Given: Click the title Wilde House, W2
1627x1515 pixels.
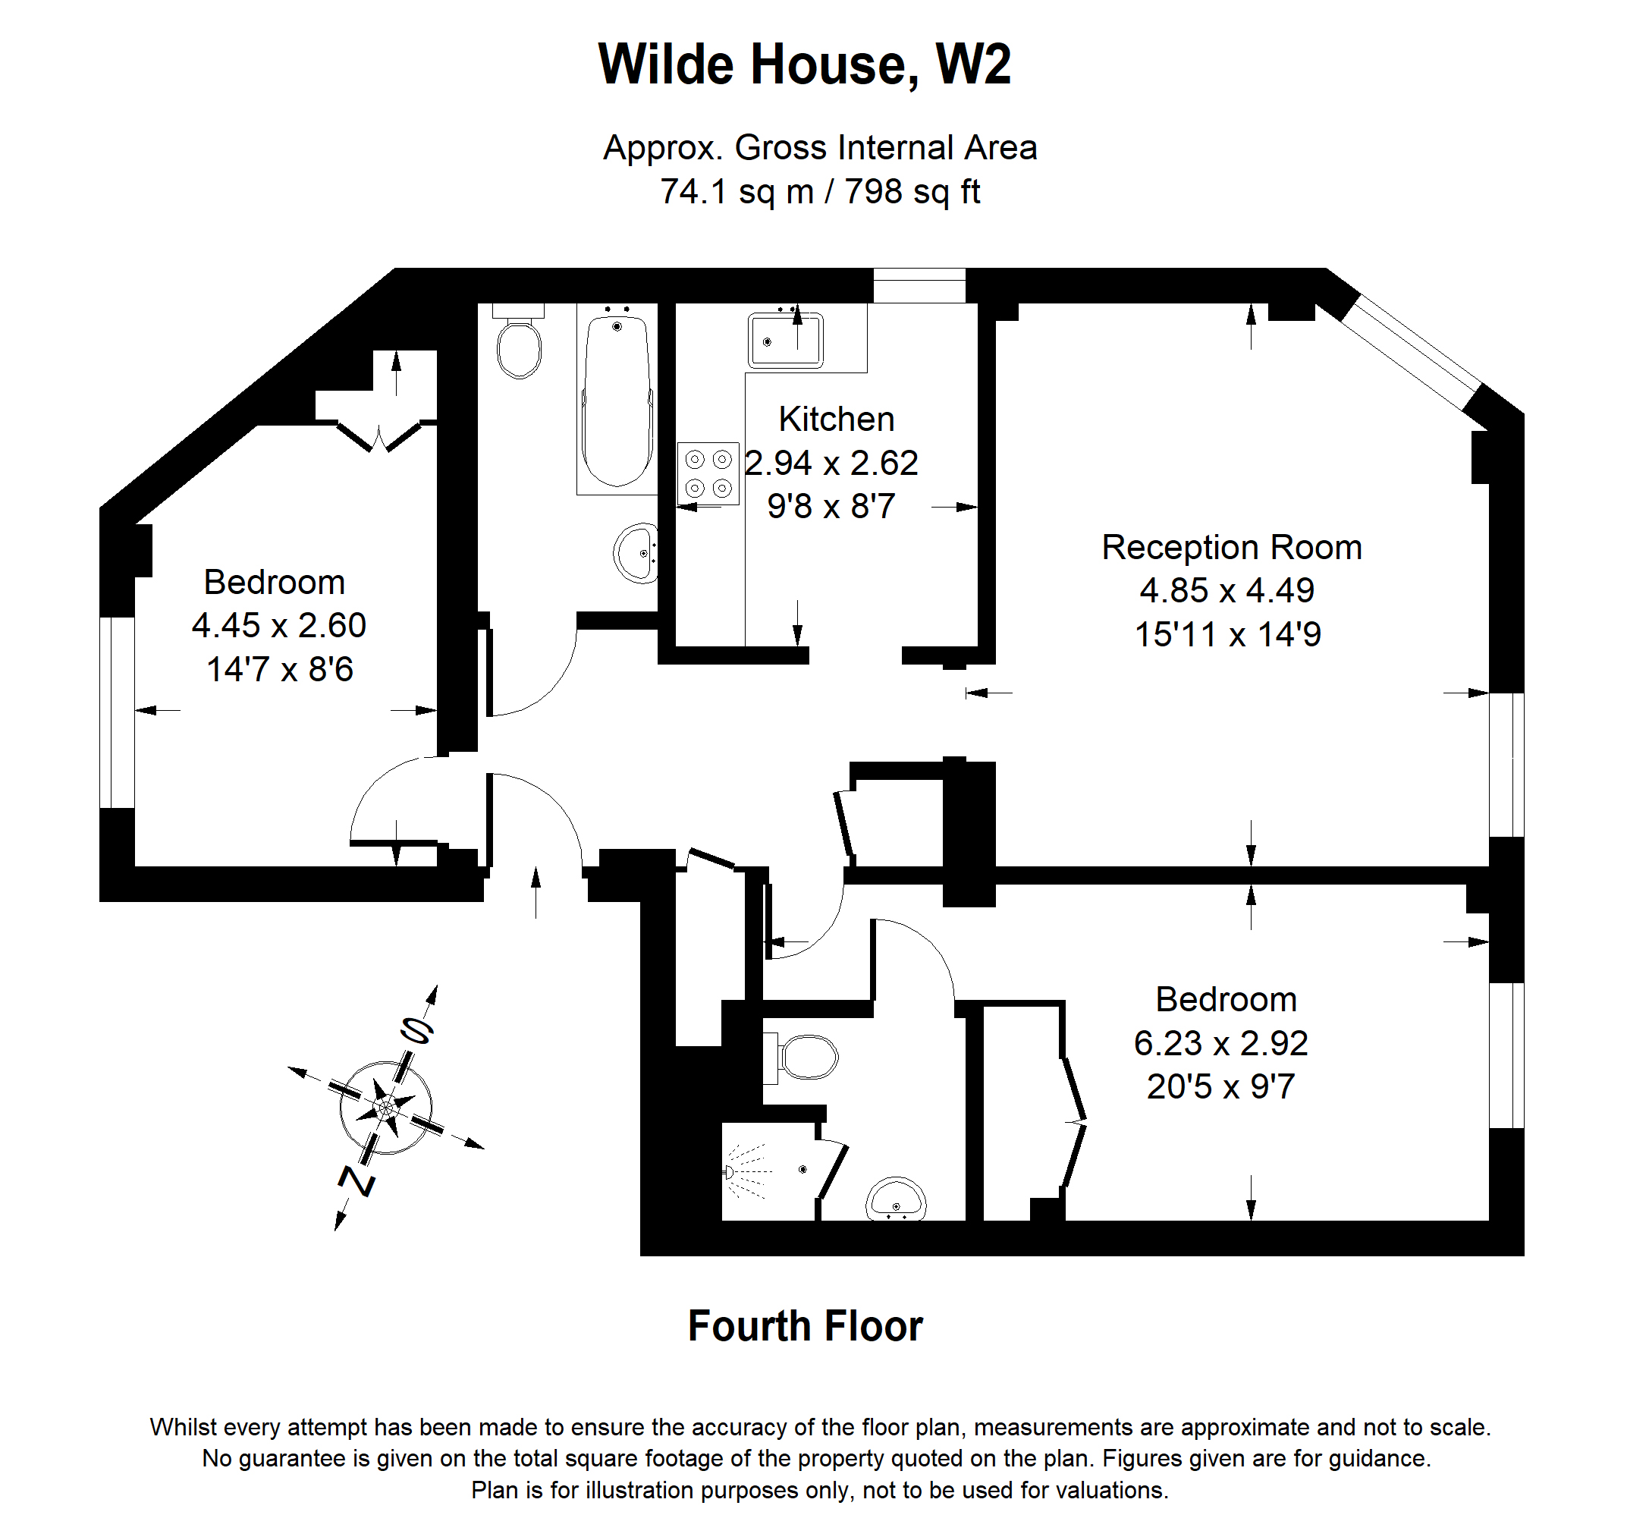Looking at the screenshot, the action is (x=805, y=64).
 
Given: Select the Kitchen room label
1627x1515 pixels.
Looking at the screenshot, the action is (x=836, y=419).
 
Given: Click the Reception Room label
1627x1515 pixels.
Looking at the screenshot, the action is (x=1231, y=547).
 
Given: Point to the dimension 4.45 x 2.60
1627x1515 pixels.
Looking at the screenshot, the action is (x=278, y=626).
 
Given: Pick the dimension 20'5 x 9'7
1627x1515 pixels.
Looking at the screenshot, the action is (x=1220, y=1087).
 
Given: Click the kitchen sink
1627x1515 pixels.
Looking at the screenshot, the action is (x=785, y=340).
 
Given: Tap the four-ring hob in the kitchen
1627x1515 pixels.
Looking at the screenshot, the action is (x=708, y=474).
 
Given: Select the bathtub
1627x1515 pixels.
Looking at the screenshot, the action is (x=617, y=401).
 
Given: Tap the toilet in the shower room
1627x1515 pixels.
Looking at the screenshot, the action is (x=806, y=1057).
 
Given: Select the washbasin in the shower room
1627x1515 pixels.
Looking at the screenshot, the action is (x=896, y=1199).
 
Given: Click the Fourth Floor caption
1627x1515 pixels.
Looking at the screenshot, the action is (x=805, y=1327).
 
